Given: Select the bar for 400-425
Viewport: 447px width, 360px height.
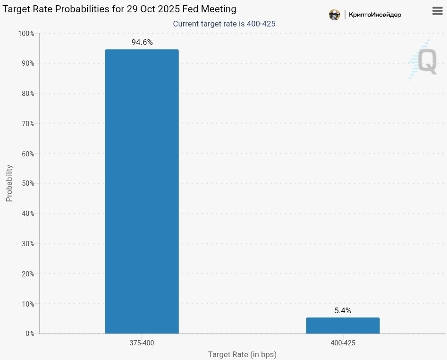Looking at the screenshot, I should tap(343, 326).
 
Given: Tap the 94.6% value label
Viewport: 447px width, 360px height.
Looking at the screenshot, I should tap(142, 43).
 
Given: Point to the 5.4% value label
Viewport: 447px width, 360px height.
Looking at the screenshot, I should tap(343, 311).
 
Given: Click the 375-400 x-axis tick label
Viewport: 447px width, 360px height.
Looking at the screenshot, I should tap(142, 343).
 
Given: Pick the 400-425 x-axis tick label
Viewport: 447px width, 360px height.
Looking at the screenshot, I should tap(343, 343).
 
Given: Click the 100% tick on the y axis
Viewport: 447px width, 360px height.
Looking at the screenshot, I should tap(26, 34).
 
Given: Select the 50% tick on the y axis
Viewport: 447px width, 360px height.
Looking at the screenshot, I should tap(27, 183).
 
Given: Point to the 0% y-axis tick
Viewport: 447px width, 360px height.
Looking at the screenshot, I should tap(29, 334).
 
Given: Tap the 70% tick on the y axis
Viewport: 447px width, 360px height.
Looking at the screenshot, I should tap(27, 124).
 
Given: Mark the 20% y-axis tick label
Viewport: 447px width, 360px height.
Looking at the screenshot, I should tap(27, 274).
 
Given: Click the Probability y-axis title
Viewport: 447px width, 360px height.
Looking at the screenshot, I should tap(9, 183).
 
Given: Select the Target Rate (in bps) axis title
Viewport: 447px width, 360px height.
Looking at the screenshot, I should tap(242, 354).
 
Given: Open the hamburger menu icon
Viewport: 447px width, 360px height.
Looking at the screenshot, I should tap(438, 11).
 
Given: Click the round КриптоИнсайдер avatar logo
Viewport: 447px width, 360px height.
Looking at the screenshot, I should tap(335, 15).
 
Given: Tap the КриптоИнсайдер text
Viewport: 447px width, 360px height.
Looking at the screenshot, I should tap(375, 15).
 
